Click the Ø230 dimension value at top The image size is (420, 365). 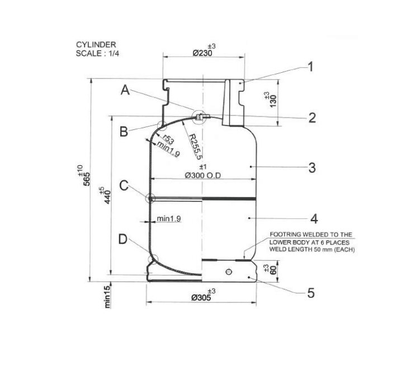tap(202, 53)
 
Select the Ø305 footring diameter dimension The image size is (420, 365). tap(201, 297)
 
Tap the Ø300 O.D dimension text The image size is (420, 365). tap(203, 176)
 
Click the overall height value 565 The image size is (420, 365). tap(87, 179)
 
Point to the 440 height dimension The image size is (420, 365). tap(107, 197)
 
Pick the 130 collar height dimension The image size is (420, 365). tap(273, 101)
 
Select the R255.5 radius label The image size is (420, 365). tap(195, 147)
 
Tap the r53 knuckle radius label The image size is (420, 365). tap(168, 140)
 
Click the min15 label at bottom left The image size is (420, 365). tap(107, 297)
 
